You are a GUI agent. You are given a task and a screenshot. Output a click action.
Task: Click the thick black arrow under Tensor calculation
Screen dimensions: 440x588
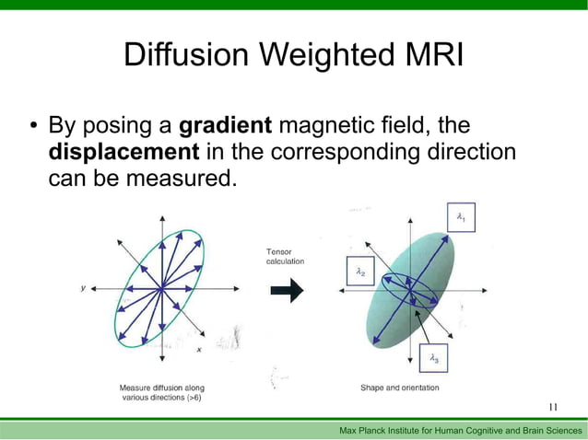[x=287, y=292]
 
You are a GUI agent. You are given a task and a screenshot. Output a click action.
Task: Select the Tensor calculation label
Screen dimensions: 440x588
[x=285, y=256]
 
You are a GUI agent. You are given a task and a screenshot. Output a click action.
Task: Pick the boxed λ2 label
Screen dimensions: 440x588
[x=360, y=272]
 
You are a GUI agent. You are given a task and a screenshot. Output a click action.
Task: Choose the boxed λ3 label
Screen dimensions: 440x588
[x=434, y=358]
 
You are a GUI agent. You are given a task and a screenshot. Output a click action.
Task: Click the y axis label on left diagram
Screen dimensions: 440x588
[x=84, y=287]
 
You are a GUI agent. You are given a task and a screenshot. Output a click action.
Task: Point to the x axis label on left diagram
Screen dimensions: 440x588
[x=199, y=349]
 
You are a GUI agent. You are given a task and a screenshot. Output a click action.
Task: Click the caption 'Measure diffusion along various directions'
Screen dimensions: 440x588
[x=161, y=393]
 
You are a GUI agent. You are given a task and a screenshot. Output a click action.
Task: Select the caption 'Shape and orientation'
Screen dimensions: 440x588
[x=399, y=388]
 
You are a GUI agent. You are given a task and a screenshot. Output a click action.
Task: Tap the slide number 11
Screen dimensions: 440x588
[x=553, y=407]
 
